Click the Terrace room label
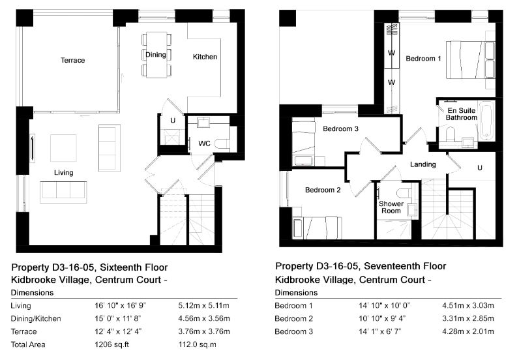(x=73, y=60)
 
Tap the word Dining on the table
(x=156, y=55)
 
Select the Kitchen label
(x=205, y=57)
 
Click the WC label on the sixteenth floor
(x=204, y=143)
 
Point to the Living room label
(x=63, y=173)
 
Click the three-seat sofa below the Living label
(x=63, y=192)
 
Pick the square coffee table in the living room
(x=63, y=147)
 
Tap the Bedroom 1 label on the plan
(x=423, y=59)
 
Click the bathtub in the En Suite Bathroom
(x=487, y=120)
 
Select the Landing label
(x=423, y=164)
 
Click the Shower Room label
(x=391, y=207)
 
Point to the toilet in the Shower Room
(x=404, y=193)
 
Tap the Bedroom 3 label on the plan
(x=340, y=128)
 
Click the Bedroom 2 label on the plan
(x=323, y=190)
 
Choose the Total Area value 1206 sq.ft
(x=111, y=344)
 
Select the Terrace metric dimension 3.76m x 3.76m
(x=204, y=331)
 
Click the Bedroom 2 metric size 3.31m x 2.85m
(x=468, y=318)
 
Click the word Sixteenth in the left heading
(x=119, y=267)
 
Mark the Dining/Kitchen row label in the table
(x=36, y=319)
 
